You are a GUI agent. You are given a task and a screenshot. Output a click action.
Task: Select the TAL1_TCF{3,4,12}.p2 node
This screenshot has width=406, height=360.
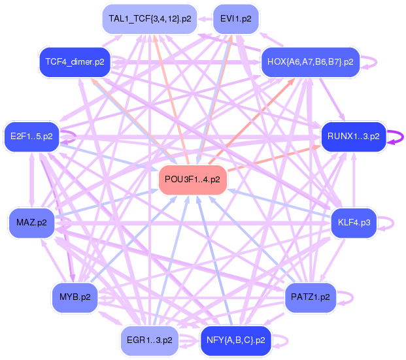[x=150, y=19]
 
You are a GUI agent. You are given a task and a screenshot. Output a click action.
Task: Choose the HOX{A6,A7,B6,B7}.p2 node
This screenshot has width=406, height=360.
[x=310, y=62]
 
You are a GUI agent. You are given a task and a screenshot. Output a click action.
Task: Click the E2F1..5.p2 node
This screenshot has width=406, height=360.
[x=31, y=137]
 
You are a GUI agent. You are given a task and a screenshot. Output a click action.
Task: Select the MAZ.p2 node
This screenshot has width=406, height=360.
[x=31, y=223]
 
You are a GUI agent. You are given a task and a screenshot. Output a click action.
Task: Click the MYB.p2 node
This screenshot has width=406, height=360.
[x=75, y=297]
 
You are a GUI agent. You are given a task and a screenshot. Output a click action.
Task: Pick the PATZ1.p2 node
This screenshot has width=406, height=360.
[x=310, y=297]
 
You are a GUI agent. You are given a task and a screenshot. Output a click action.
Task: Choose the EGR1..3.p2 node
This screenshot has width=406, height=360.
[x=150, y=340]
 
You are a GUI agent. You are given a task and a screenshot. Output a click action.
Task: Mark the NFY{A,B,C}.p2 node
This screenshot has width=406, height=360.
[x=235, y=340]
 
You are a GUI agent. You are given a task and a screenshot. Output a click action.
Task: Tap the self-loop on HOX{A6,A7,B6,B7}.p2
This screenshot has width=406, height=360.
[x=371, y=62]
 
